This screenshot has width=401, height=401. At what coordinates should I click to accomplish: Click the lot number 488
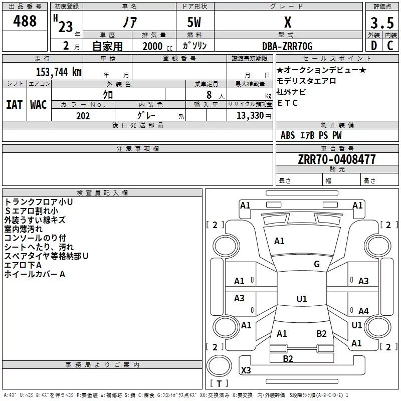[x=25, y=21]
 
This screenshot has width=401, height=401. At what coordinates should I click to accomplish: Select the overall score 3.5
[x=382, y=23]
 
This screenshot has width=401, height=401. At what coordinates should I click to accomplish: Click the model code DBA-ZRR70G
[x=287, y=46]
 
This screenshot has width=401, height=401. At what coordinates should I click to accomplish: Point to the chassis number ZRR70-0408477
[x=336, y=159]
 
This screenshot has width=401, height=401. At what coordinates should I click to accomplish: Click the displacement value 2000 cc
[x=157, y=47]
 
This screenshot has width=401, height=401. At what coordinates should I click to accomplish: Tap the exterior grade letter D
[x=373, y=46]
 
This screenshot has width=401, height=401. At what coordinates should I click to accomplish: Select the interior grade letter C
[x=390, y=46]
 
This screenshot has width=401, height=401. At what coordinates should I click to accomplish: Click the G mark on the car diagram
[x=317, y=264]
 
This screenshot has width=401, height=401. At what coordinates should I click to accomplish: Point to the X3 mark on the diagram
[x=246, y=370]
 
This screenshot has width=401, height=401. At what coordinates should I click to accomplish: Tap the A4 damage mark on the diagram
[x=363, y=311]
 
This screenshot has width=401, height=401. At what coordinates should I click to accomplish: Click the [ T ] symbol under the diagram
[x=219, y=384]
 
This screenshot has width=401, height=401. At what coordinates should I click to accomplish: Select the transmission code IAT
[x=14, y=105]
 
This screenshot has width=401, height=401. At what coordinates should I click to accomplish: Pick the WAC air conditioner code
[x=39, y=105]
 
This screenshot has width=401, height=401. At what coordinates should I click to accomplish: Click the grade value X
[x=287, y=23]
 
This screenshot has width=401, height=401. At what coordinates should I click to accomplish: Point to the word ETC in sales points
[x=288, y=103]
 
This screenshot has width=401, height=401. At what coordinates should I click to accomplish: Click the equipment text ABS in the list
[x=288, y=135]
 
